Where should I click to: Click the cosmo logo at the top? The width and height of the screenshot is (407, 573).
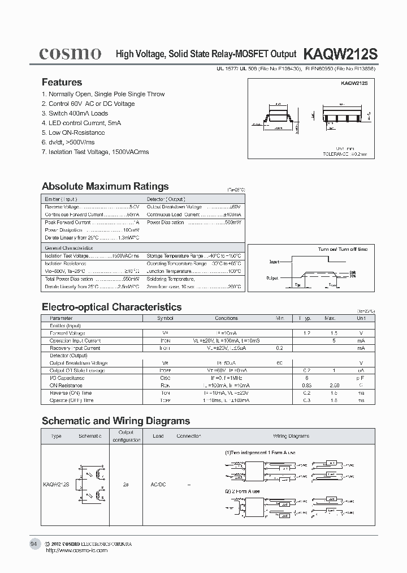click(x=70, y=54)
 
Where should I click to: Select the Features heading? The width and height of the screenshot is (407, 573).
click(x=62, y=82)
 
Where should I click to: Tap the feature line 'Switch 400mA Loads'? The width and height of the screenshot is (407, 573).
click(x=75, y=113)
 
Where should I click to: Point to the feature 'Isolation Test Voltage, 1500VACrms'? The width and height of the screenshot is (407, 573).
click(x=96, y=152)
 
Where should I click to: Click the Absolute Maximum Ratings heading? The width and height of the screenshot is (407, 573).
click(x=105, y=186)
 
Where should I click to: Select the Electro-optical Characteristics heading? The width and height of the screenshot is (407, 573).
click(x=112, y=307)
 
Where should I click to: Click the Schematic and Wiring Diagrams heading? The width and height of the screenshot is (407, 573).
click(x=116, y=421)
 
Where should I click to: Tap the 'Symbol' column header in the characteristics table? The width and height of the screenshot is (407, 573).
click(x=165, y=318)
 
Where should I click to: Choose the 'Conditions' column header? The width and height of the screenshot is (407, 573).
click(x=226, y=318)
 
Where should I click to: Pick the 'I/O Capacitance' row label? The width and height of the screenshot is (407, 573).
click(x=66, y=378)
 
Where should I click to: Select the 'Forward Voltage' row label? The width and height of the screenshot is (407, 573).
click(x=67, y=333)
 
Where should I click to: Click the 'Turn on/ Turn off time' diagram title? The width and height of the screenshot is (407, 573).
click(x=342, y=249)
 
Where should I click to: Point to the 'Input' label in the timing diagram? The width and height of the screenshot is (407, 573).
click(x=274, y=262)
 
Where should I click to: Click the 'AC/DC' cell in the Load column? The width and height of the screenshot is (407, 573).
click(x=158, y=485)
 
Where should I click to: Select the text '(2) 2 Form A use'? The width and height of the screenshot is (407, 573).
click(x=242, y=491)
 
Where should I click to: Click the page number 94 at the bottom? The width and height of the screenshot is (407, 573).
click(x=34, y=544)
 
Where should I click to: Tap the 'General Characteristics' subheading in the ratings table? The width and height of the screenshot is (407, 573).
click(x=69, y=248)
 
